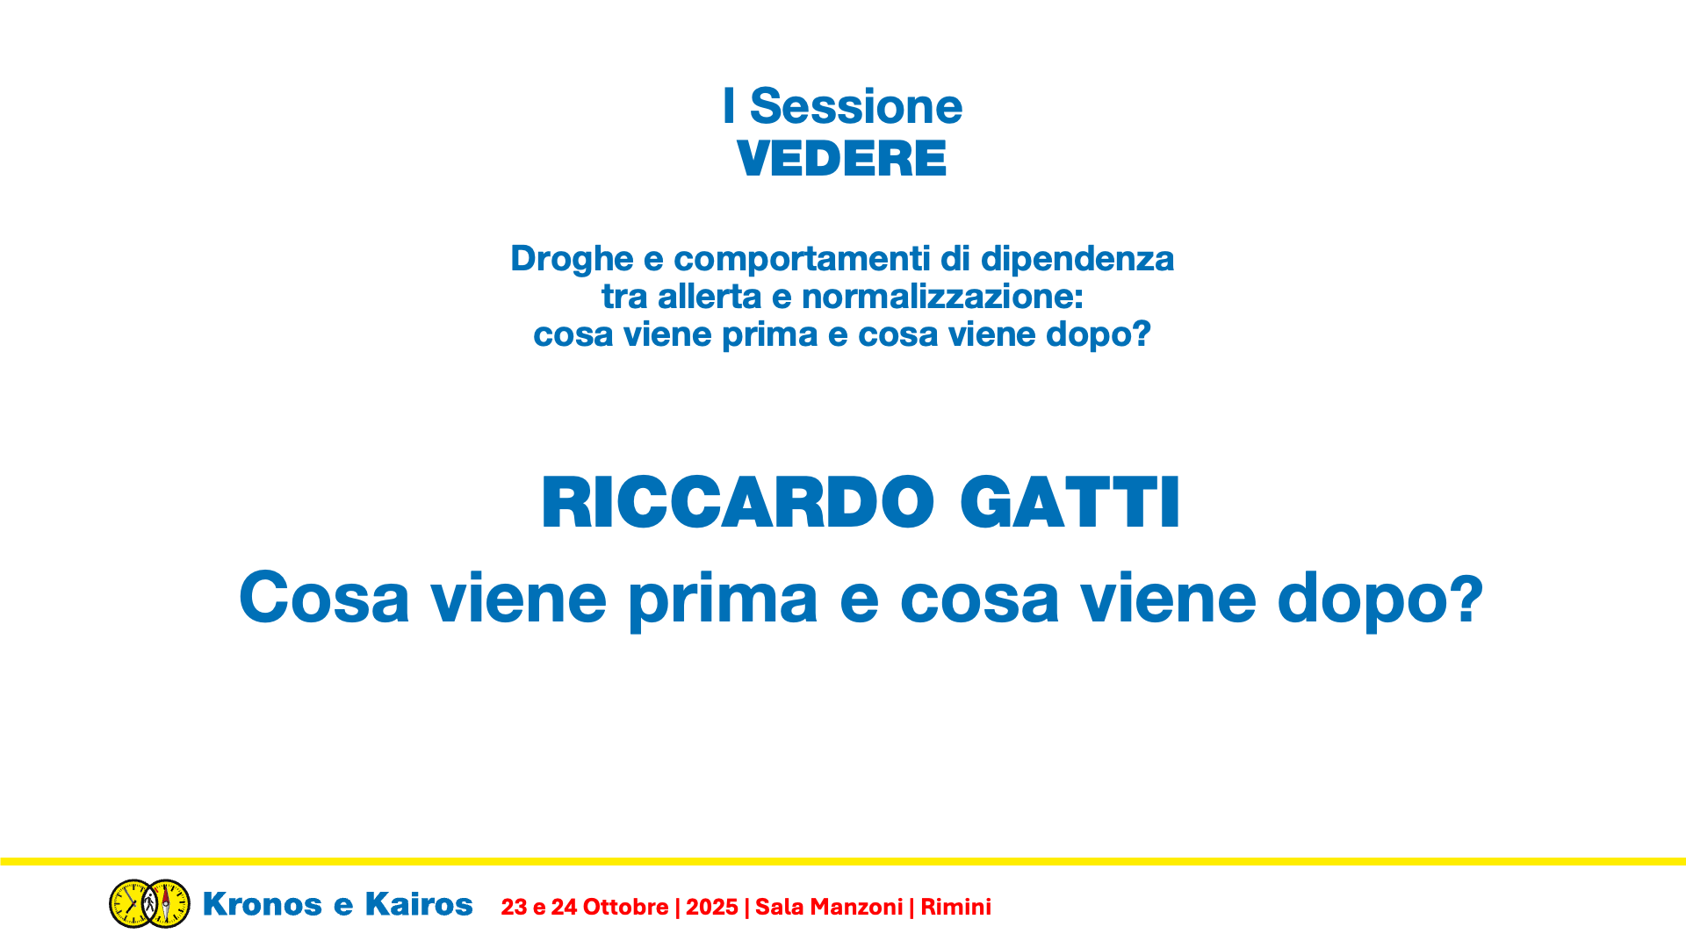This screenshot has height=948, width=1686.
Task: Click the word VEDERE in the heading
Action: pyautogui.click(x=841, y=159)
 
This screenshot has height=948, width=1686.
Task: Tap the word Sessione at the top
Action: pyautogui.click(x=856, y=106)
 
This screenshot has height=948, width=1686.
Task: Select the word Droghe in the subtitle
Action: pyautogui.click(x=572, y=260)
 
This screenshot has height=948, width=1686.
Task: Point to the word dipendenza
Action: pyautogui.click(x=1077, y=260)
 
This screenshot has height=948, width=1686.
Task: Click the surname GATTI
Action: pyautogui.click(x=1070, y=503)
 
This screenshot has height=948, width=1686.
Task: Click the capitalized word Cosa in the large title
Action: pyautogui.click(x=324, y=598)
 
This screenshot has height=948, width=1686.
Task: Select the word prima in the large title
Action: pyautogui.click(x=723, y=600)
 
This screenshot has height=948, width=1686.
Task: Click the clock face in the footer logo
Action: pyautogui.click(x=132, y=903)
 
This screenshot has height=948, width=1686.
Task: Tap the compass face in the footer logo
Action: pyautogui.click(x=167, y=903)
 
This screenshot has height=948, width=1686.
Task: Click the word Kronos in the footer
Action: pyautogui.click(x=263, y=904)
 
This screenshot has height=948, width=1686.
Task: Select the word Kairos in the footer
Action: pyautogui.click(x=419, y=904)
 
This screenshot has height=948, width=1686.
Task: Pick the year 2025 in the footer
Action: pyautogui.click(x=712, y=907)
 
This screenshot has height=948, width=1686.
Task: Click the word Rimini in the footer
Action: pyautogui.click(x=955, y=907)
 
